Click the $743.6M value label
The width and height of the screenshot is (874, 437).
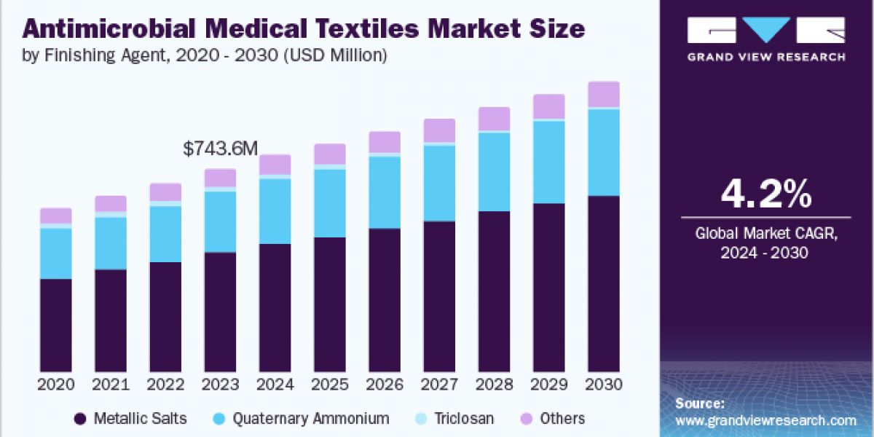click(x=220, y=149)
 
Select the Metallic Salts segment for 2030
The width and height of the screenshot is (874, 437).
click(x=604, y=284)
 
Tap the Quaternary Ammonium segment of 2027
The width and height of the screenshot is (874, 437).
click(x=439, y=183)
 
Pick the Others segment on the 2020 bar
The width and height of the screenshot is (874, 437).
click(x=56, y=216)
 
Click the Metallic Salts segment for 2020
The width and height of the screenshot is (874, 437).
click(x=56, y=325)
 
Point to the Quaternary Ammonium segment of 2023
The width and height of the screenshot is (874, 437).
click(x=220, y=222)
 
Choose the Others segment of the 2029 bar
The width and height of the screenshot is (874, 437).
click(x=549, y=106)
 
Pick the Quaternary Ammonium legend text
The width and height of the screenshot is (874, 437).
click(x=311, y=419)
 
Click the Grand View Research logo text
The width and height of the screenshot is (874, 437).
click(x=767, y=57)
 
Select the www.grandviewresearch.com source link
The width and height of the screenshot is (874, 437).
click(x=765, y=420)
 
